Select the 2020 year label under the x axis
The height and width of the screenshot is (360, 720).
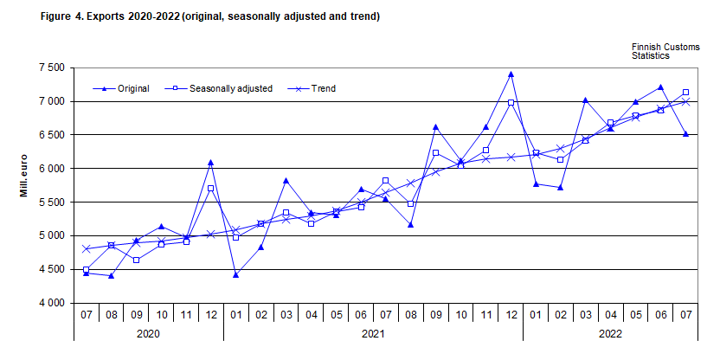point(148,332)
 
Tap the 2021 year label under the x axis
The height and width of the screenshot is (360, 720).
point(373,332)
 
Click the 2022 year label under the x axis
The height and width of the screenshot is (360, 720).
point(610,332)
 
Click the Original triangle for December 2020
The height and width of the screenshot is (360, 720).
point(210,162)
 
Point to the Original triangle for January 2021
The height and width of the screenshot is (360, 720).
point(235,275)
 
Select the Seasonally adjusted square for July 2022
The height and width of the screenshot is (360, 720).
point(686,93)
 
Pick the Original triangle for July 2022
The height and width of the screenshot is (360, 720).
point(686,134)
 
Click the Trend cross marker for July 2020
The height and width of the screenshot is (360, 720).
point(86,248)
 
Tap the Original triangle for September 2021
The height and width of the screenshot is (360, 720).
point(435,127)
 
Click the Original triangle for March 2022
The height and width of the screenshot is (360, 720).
point(586,100)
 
